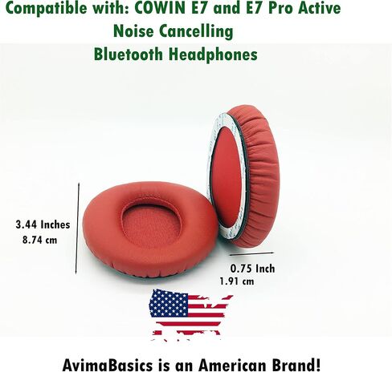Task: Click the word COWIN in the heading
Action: click(160, 7)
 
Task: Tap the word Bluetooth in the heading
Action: click(129, 54)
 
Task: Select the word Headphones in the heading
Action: click(213, 55)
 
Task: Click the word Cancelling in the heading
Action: click(196, 31)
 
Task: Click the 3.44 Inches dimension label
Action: click(43, 224)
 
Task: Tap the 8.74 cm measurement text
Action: click(40, 240)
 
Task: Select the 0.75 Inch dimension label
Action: click(252, 269)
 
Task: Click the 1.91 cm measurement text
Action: click(237, 281)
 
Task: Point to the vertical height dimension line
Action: click(77, 228)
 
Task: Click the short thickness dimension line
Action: click(251, 253)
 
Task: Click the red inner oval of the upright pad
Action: click(227, 177)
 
